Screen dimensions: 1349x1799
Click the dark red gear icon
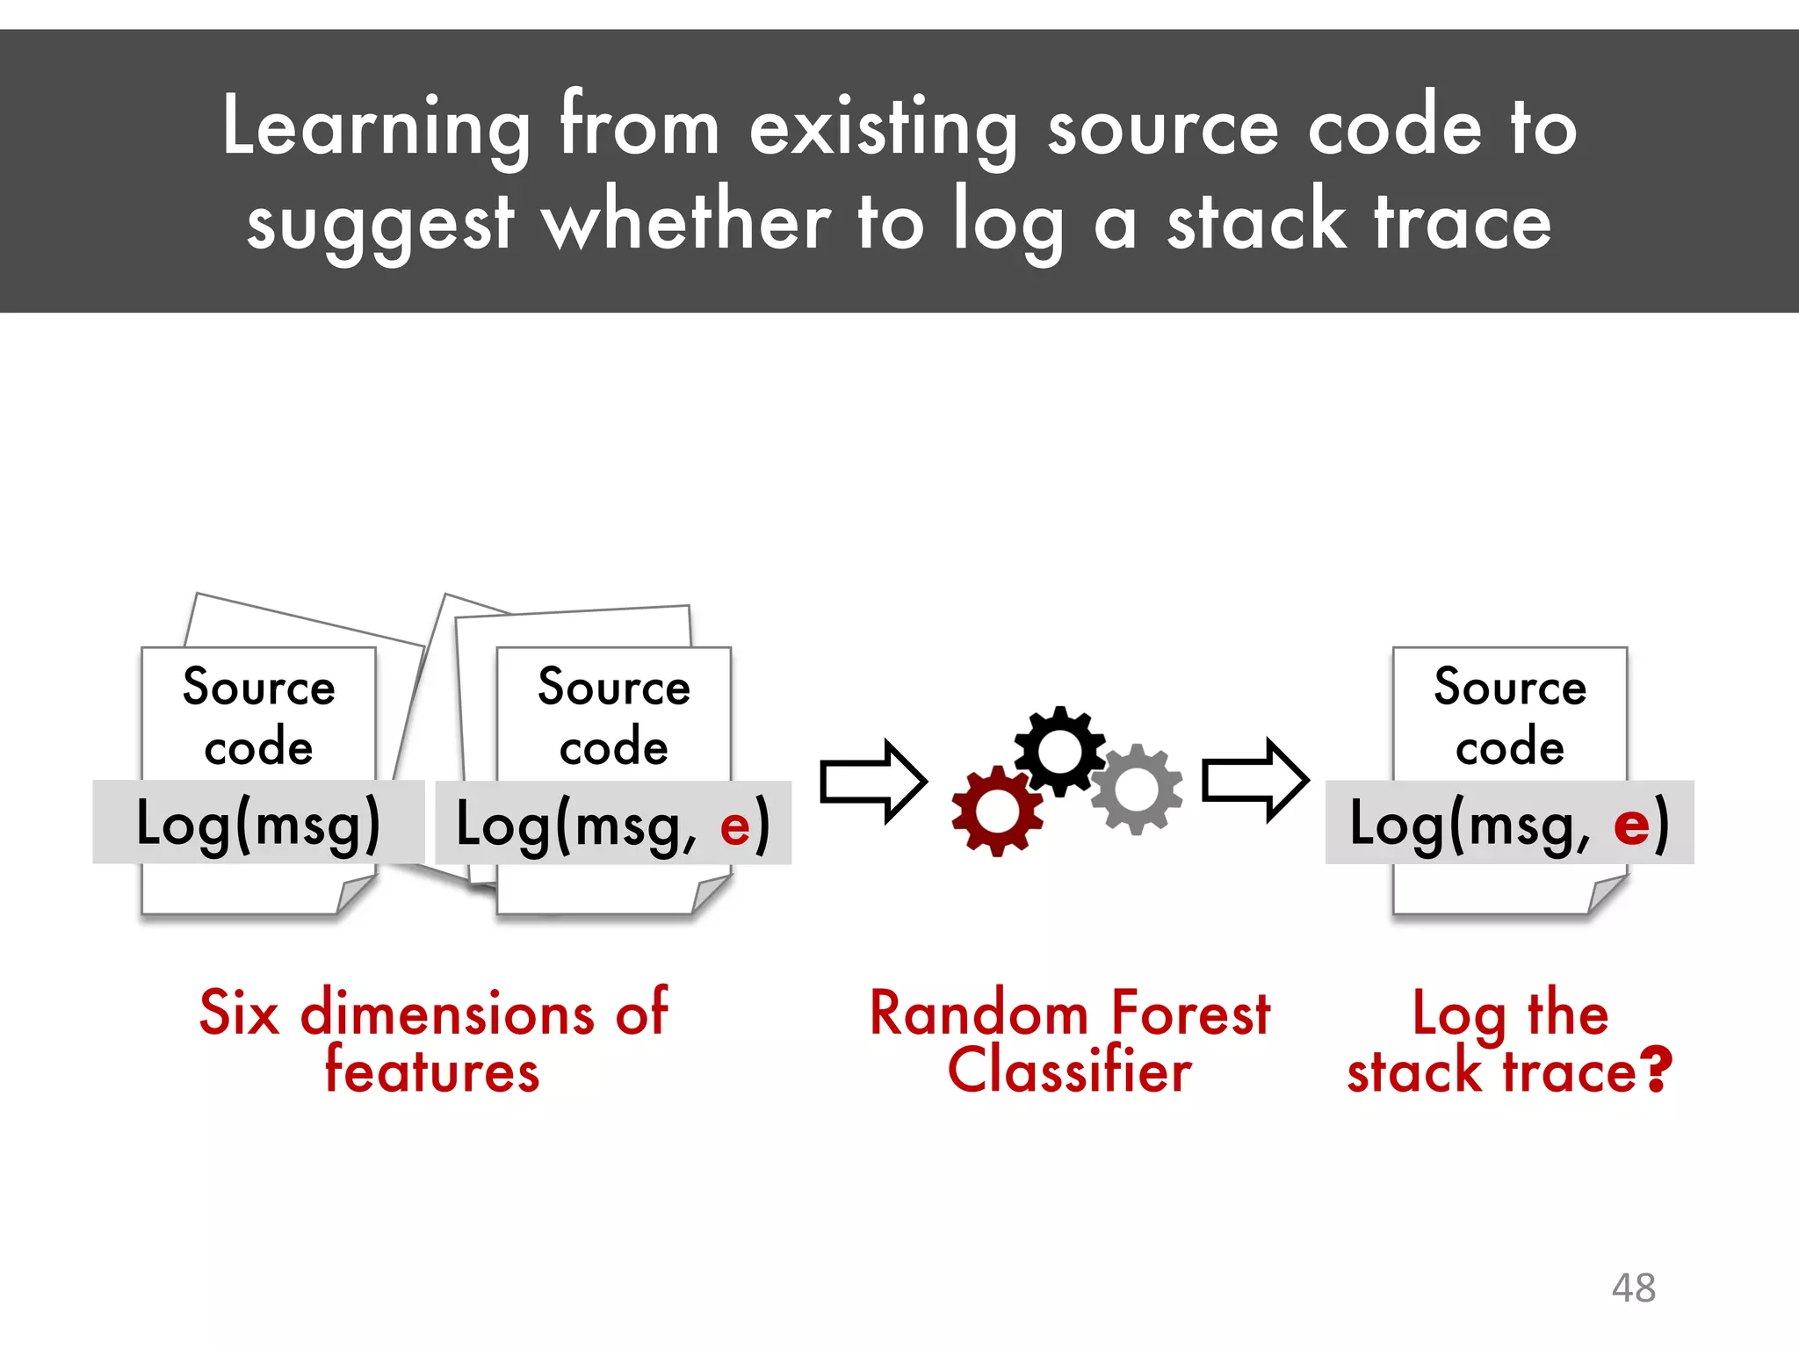pyautogui.click(x=997, y=810)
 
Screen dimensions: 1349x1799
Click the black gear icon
pyautogui.click(x=1059, y=751)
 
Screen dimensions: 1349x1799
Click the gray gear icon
pyautogui.click(x=1136, y=789)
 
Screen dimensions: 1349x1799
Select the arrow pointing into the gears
pyautogui.click(x=873, y=781)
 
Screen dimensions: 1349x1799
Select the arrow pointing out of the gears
pyautogui.click(x=1255, y=780)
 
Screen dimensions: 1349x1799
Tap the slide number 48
pyautogui.click(x=1633, y=1288)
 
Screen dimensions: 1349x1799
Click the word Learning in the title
pyautogui.click(x=376, y=128)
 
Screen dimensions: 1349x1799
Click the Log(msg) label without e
pyautogui.click(x=258, y=824)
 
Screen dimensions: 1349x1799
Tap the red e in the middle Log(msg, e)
pyautogui.click(x=734, y=826)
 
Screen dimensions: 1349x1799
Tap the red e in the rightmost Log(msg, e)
pyautogui.click(x=1631, y=826)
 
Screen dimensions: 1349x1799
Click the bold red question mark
pyautogui.click(x=1657, y=1071)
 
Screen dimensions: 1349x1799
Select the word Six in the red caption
pyautogui.click(x=239, y=1013)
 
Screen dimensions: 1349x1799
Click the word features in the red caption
pyautogui.click(x=432, y=1071)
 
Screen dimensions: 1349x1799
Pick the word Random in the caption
pyautogui.click(x=979, y=1014)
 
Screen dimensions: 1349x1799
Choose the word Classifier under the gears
pyautogui.click(x=1069, y=1071)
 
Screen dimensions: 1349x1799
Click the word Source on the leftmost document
pyautogui.click(x=258, y=687)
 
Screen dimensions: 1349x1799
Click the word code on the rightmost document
pyautogui.click(x=1509, y=747)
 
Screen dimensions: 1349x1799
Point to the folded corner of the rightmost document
pyautogui.click(x=1607, y=893)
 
